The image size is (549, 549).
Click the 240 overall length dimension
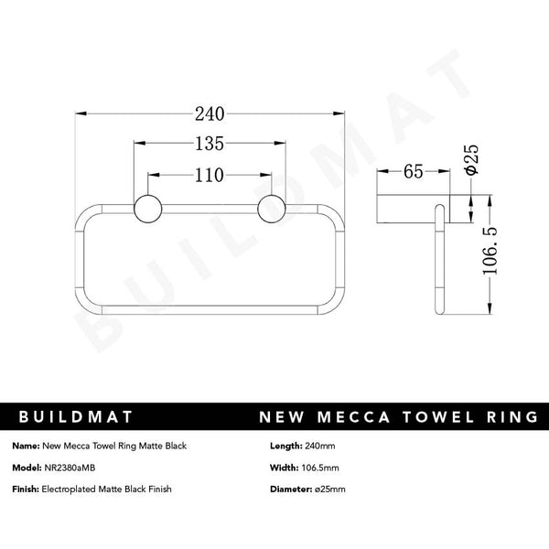[x=210, y=113]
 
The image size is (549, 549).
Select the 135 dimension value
[x=210, y=144]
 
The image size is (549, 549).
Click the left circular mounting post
[x=146, y=209]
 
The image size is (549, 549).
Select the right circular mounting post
[x=272, y=209]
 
